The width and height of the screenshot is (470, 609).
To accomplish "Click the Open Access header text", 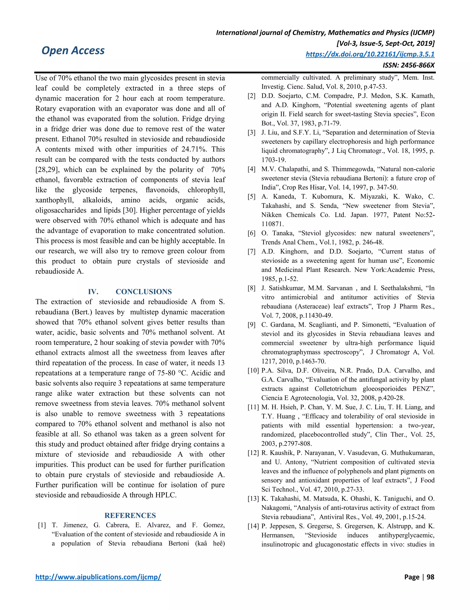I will (x=73, y=51).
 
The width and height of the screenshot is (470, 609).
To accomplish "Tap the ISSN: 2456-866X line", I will (x=408, y=65).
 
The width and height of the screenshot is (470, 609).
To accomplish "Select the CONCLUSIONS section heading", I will (x=144, y=292).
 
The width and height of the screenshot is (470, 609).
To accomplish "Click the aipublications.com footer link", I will (x=98, y=577).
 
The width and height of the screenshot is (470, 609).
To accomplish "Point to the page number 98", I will (x=430, y=577).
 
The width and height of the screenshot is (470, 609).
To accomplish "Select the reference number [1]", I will (x=42, y=525).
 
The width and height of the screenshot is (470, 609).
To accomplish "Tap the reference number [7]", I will (x=252, y=251).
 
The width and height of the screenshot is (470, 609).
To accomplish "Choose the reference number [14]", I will (x=253, y=526).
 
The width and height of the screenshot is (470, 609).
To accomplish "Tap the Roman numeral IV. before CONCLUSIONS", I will (x=93, y=292).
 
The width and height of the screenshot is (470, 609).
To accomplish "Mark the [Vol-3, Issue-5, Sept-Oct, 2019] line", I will (x=385, y=43).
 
